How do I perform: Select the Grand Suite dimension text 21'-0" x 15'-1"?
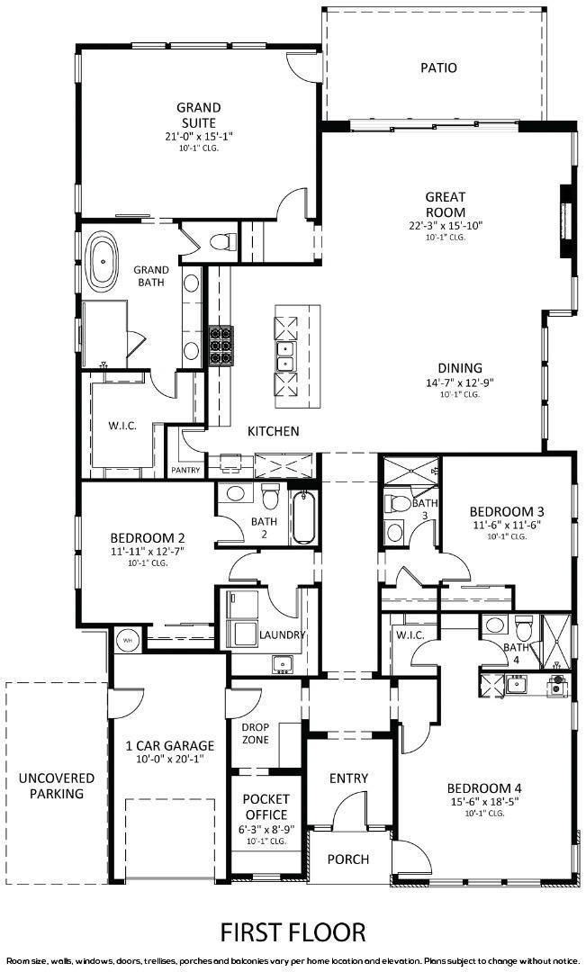(198, 136)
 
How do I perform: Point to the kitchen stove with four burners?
(221, 345)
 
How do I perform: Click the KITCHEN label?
(273, 431)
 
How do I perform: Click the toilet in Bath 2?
(269, 497)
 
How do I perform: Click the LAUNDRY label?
(284, 634)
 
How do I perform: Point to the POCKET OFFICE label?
(266, 807)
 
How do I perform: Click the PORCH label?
(347, 859)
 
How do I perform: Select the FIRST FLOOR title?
(293, 930)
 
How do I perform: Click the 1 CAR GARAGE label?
(163, 745)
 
